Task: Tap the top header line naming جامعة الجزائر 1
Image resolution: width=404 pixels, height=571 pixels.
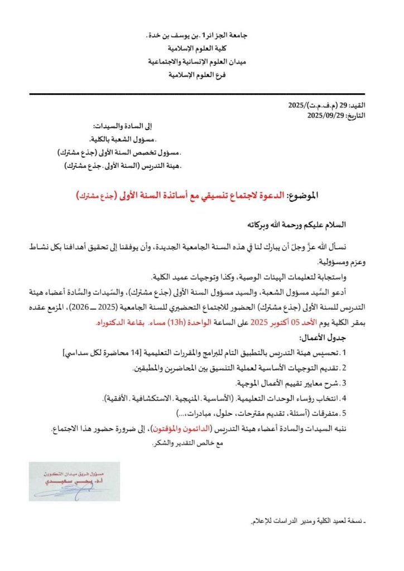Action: pyautogui.click(x=202, y=36)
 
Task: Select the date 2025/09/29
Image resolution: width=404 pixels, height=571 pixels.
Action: pyautogui.click(x=330, y=116)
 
